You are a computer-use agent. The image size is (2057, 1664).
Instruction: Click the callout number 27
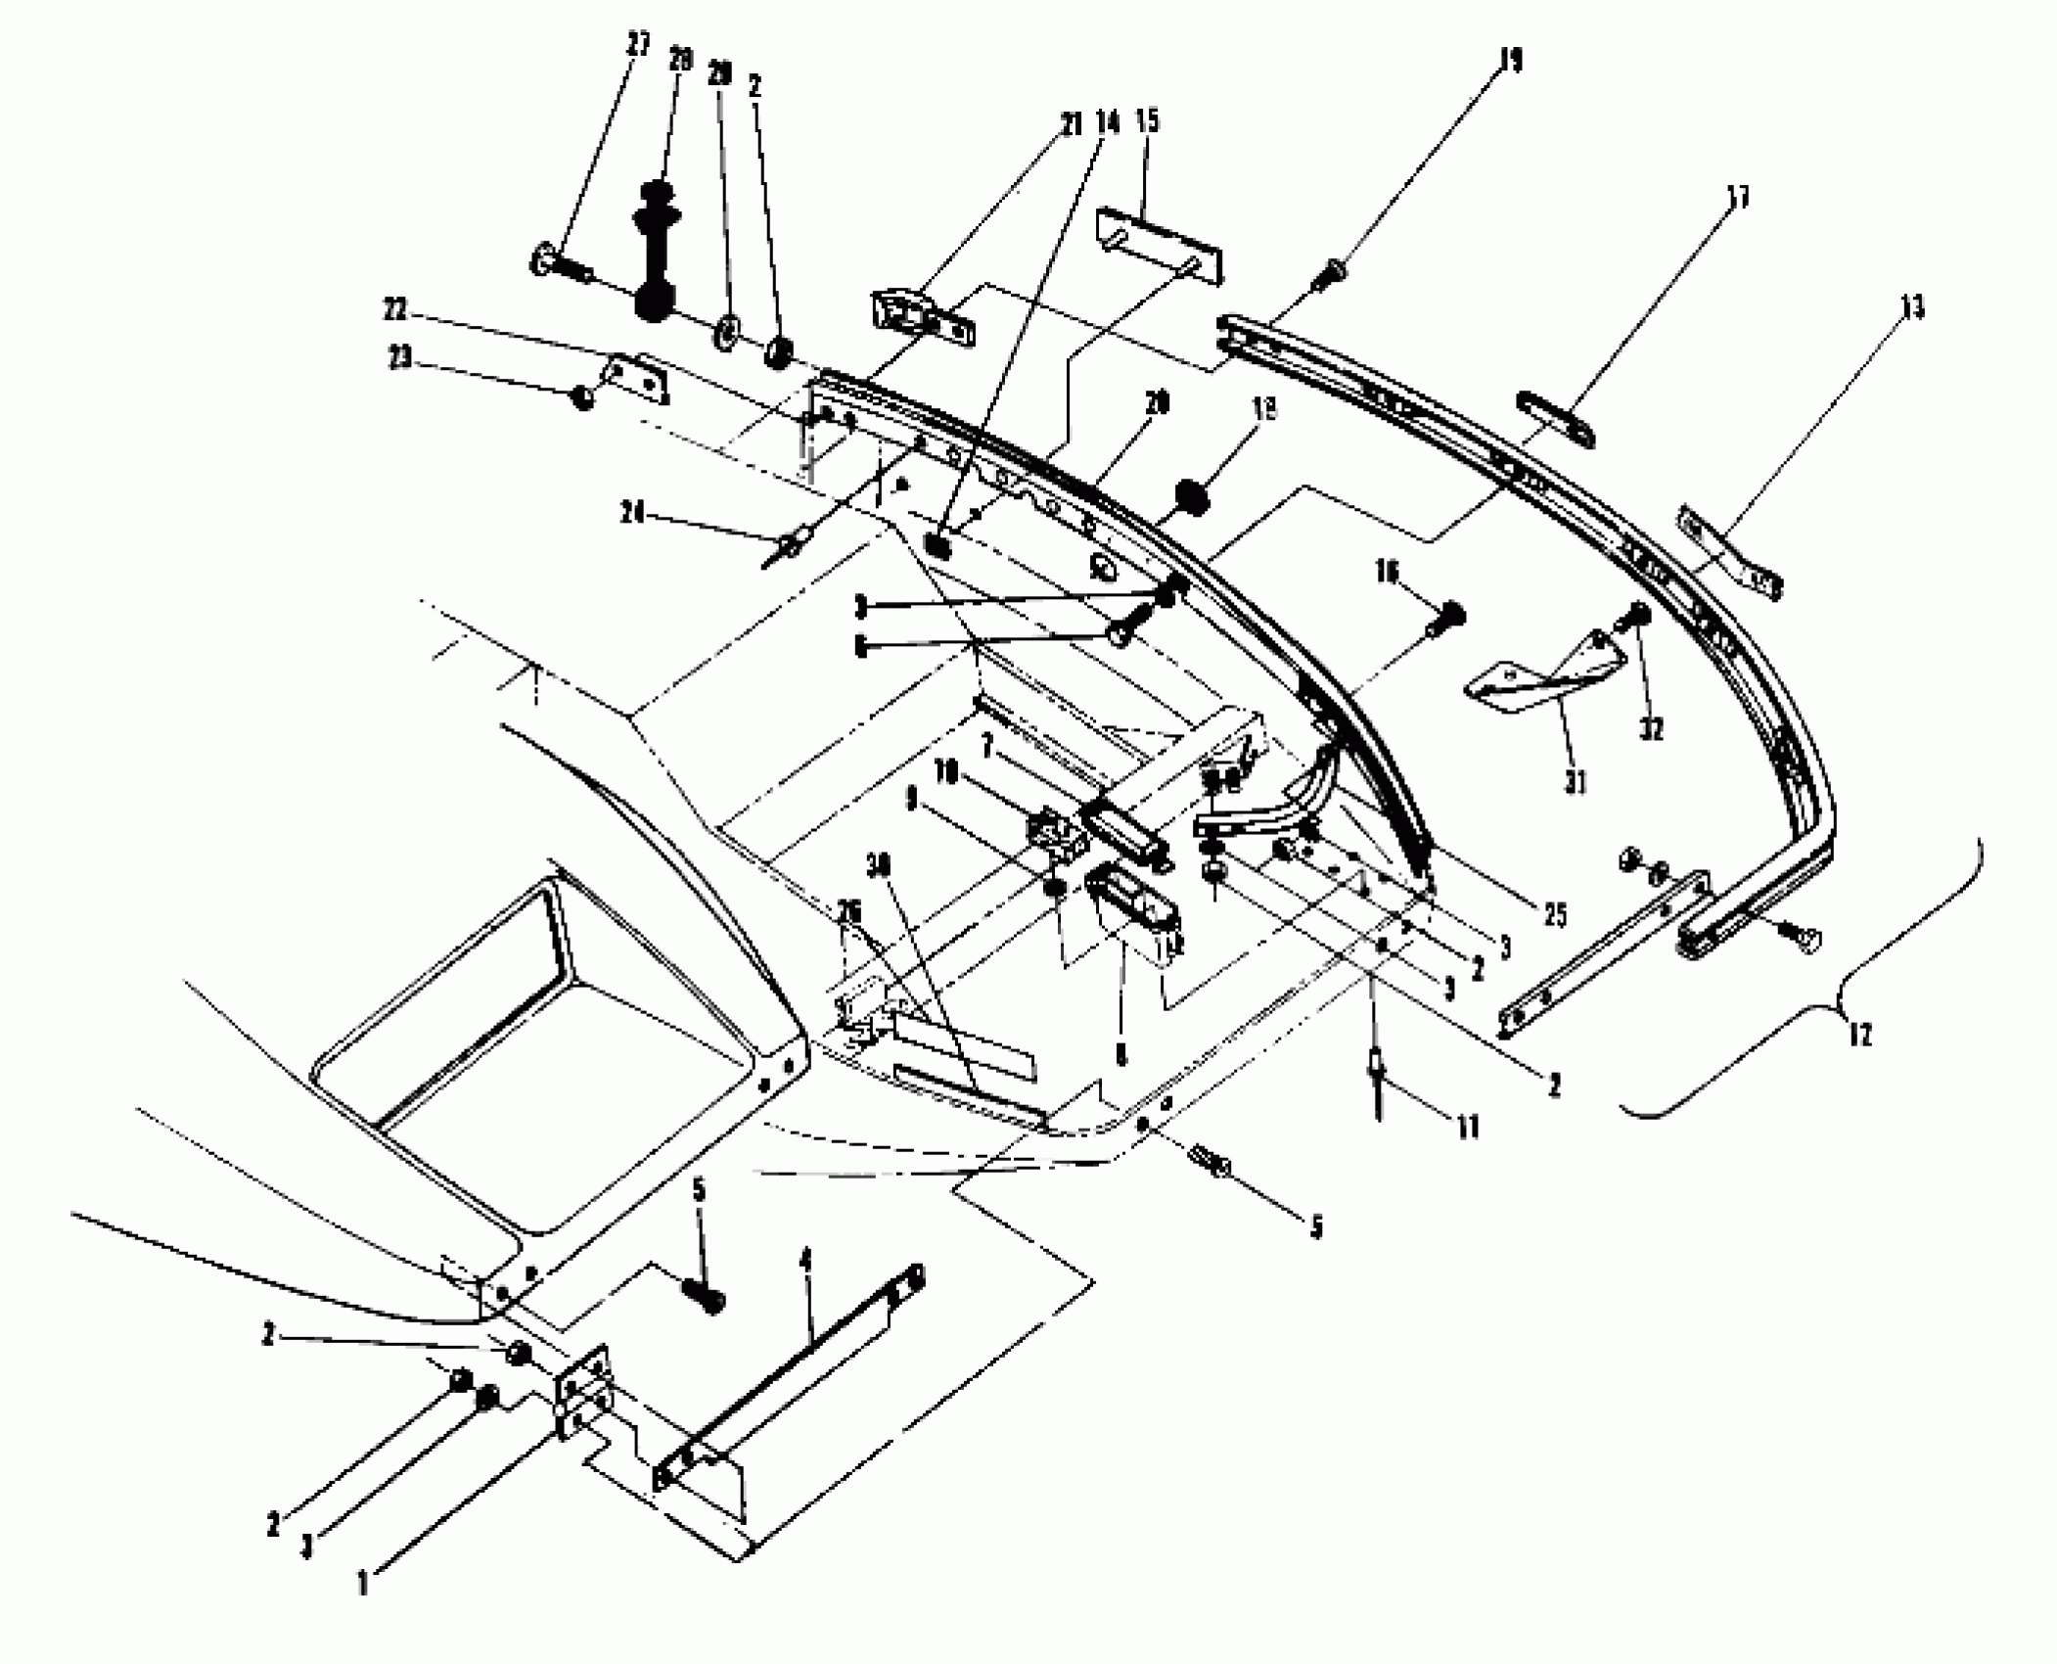(x=639, y=46)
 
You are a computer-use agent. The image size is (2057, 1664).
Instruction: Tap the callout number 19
(x=1511, y=61)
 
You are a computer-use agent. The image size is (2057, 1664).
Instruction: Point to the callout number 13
(x=1912, y=308)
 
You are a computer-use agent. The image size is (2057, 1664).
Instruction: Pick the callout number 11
(x=1466, y=1129)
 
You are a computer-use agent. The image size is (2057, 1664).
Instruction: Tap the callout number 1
(x=363, y=1584)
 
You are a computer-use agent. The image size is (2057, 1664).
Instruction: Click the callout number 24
(x=634, y=512)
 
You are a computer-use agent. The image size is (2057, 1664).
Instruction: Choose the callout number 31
(x=1575, y=782)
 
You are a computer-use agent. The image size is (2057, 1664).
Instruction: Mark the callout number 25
(x=1554, y=915)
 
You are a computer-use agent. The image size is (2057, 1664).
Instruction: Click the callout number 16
(x=1387, y=571)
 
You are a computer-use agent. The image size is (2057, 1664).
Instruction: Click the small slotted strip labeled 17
(x=1554, y=418)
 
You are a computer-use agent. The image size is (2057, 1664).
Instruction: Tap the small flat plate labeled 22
(x=636, y=378)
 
